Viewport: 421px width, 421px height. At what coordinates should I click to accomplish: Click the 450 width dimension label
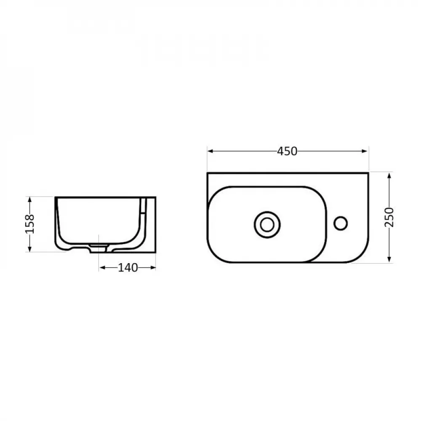(x=288, y=151)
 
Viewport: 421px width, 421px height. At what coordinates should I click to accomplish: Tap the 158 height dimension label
(x=29, y=224)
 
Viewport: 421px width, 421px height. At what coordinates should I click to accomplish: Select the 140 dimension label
(x=128, y=267)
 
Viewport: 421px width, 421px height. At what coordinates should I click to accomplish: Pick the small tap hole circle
(x=341, y=223)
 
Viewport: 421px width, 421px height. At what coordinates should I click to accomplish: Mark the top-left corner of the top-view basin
(x=208, y=173)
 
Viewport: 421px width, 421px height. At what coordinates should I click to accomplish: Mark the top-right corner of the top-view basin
(x=368, y=173)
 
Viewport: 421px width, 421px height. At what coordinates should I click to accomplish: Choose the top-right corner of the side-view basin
(x=155, y=197)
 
